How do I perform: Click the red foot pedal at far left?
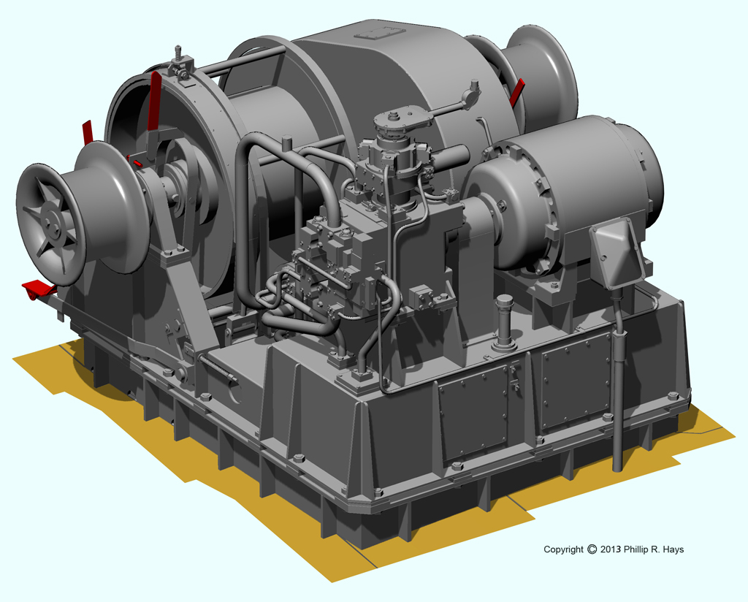[38, 289]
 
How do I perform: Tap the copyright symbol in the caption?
[592, 549]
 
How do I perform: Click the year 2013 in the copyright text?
[611, 549]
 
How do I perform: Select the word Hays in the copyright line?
[673, 549]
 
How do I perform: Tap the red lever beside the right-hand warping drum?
[516, 93]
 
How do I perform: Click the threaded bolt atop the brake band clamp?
[178, 52]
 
